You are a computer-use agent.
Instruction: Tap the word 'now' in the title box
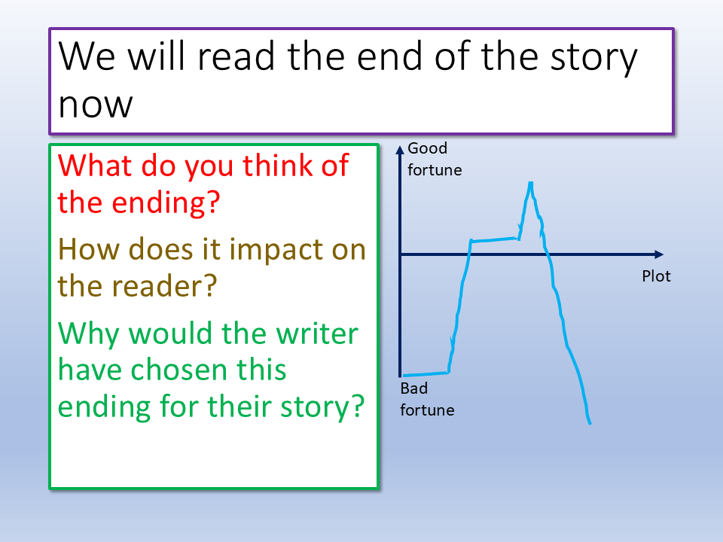(96, 105)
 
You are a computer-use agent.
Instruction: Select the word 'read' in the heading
(236, 56)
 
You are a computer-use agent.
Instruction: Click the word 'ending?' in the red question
(166, 202)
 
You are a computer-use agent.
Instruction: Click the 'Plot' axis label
(656, 276)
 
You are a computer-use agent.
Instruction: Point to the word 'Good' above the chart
(428, 148)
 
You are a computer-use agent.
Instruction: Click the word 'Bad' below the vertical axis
(414, 388)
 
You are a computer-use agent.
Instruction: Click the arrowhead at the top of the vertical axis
(400, 150)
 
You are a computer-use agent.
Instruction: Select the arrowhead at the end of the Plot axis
(659, 254)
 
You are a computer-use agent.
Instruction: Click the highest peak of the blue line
(531, 183)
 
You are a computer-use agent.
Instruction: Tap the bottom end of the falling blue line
(590, 424)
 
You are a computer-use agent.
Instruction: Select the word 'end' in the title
(389, 56)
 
